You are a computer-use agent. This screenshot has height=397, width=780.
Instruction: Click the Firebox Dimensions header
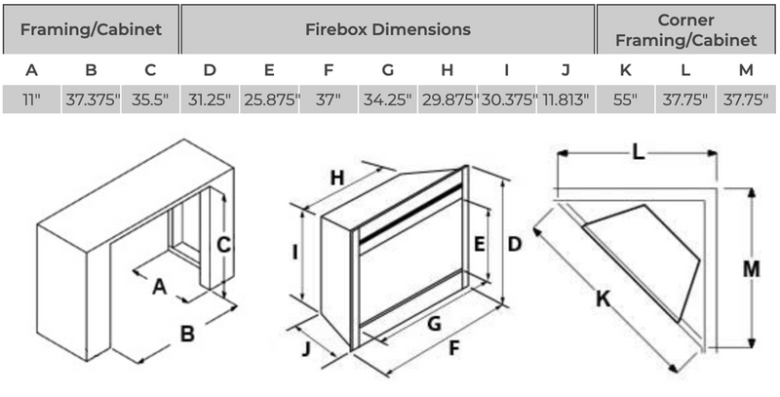point(388,29)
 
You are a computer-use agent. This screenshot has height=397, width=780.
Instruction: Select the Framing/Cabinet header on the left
point(90,29)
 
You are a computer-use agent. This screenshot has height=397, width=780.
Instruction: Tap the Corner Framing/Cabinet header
point(687,29)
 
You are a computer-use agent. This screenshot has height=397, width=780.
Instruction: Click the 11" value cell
point(32,100)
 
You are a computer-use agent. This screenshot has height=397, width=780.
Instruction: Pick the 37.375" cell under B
point(91,100)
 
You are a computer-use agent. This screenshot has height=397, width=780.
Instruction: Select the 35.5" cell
point(149,100)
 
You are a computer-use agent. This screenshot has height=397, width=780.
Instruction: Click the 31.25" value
point(210,100)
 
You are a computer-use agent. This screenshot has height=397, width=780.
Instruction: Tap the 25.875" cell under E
point(269,100)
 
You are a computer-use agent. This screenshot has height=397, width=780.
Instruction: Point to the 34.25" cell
point(388,100)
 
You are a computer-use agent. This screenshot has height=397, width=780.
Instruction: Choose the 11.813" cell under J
point(566,100)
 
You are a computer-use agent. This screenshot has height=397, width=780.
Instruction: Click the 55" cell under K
point(626,100)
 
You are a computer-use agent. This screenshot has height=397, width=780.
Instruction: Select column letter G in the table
point(388,70)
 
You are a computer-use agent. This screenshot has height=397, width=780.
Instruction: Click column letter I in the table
point(507,70)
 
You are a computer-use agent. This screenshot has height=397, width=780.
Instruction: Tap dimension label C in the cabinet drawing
point(223,246)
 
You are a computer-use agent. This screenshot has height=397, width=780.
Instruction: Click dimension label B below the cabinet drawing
point(187,334)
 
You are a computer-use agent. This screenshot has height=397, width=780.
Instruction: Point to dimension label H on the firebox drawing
point(337,178)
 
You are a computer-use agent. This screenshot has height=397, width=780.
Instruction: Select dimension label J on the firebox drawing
point(307,348)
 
